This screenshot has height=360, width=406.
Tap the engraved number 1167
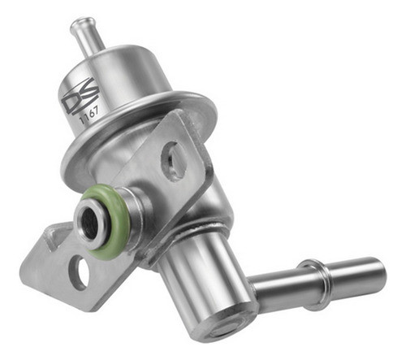pyautogui.click(x=88, y=118)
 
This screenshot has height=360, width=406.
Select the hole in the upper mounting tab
pyautogui.click(x=172, y=159)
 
